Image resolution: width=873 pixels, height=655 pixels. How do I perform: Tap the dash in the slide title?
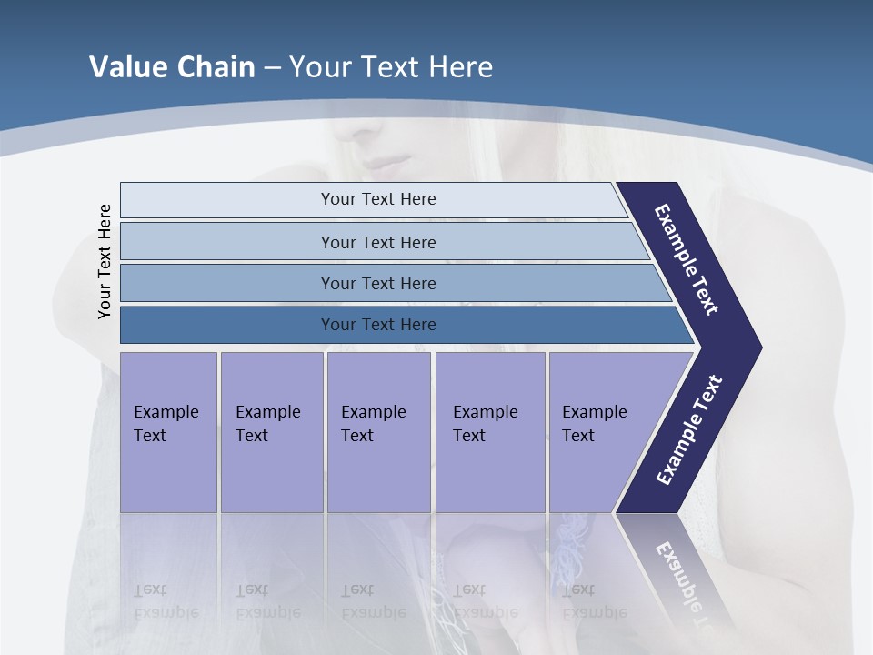[272, 68]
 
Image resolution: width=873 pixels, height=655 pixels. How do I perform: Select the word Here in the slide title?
[460, 67]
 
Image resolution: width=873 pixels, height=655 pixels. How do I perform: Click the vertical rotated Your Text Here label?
[105, 261]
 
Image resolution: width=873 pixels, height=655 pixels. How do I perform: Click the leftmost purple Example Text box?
[168, 431]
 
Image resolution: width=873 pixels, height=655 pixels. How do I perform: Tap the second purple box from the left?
[271, 431]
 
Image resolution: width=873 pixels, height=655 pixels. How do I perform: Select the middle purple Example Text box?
[378, 431]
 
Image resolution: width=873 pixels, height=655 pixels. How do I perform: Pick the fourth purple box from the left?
[490, 431]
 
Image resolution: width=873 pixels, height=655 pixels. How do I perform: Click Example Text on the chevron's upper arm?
[687, 260]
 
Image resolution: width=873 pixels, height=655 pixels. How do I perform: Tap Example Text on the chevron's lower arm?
[688, 430]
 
